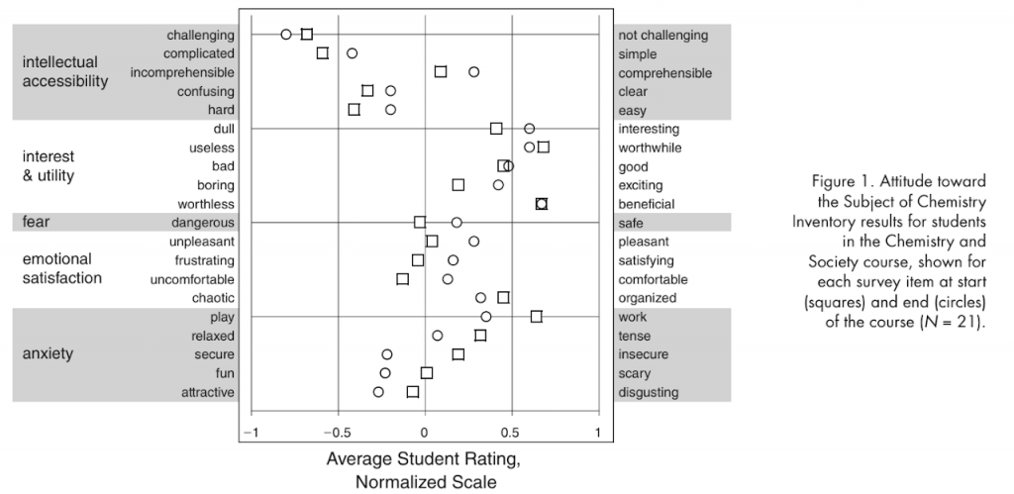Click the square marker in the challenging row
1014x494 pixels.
pyautogui.click(x=307, y=35)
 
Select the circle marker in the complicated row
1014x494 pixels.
pyautogui.click(x=352, y=53)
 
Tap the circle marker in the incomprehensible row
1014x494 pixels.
pyautogui.click(x=474, y=72)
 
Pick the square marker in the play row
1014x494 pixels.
pyautogui.click(x=536, y=317)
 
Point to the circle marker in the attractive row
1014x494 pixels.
pyautogui.click(x=378, y=392)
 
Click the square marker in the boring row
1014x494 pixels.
pyautogui.click(x=457, y=185)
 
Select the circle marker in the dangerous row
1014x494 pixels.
pyautogui.click(x=456, y=223)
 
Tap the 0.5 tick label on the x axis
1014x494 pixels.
pyautogui.click(x=511, y=432)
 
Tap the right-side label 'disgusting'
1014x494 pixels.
pyautogui.click(x=649, y=392)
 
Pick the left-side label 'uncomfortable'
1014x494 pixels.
pyautogui.click(x=194, y=279)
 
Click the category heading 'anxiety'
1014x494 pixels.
pyautogui.click(x=48, y=353)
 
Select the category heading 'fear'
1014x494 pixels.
pyautogui.click(x=36, y=222)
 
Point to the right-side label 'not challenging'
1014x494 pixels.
pyautogui.click(x=663, y=35)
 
